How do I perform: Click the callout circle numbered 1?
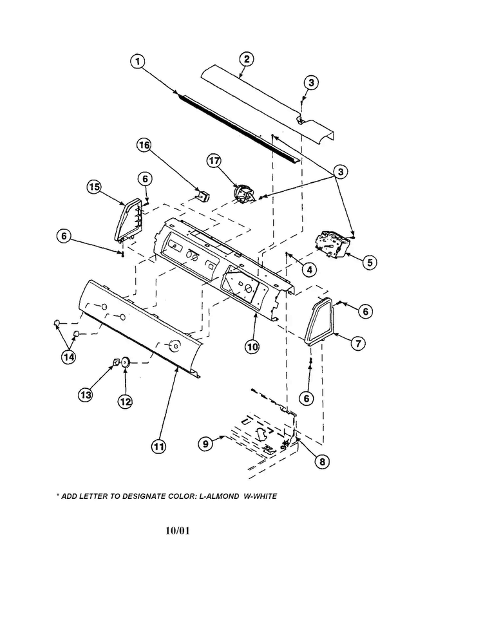point(138,62)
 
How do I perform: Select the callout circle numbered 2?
point(245,60)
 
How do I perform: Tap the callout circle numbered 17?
point(214,162)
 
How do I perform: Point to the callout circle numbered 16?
point(144,145)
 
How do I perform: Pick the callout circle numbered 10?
point(252,346)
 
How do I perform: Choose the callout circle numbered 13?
point(85,395)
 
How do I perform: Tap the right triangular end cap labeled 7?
point(319,322)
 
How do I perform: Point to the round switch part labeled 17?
point(243,194)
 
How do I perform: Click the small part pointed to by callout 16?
point(204,194)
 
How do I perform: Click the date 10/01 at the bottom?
point(177,532)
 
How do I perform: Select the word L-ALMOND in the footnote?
point(213,496)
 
